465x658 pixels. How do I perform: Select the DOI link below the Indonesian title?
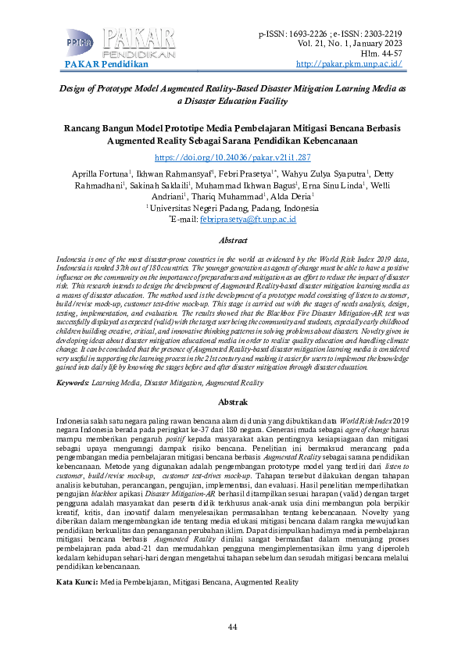tap(233, 158)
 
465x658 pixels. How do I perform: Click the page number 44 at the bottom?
tap(232, 628)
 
